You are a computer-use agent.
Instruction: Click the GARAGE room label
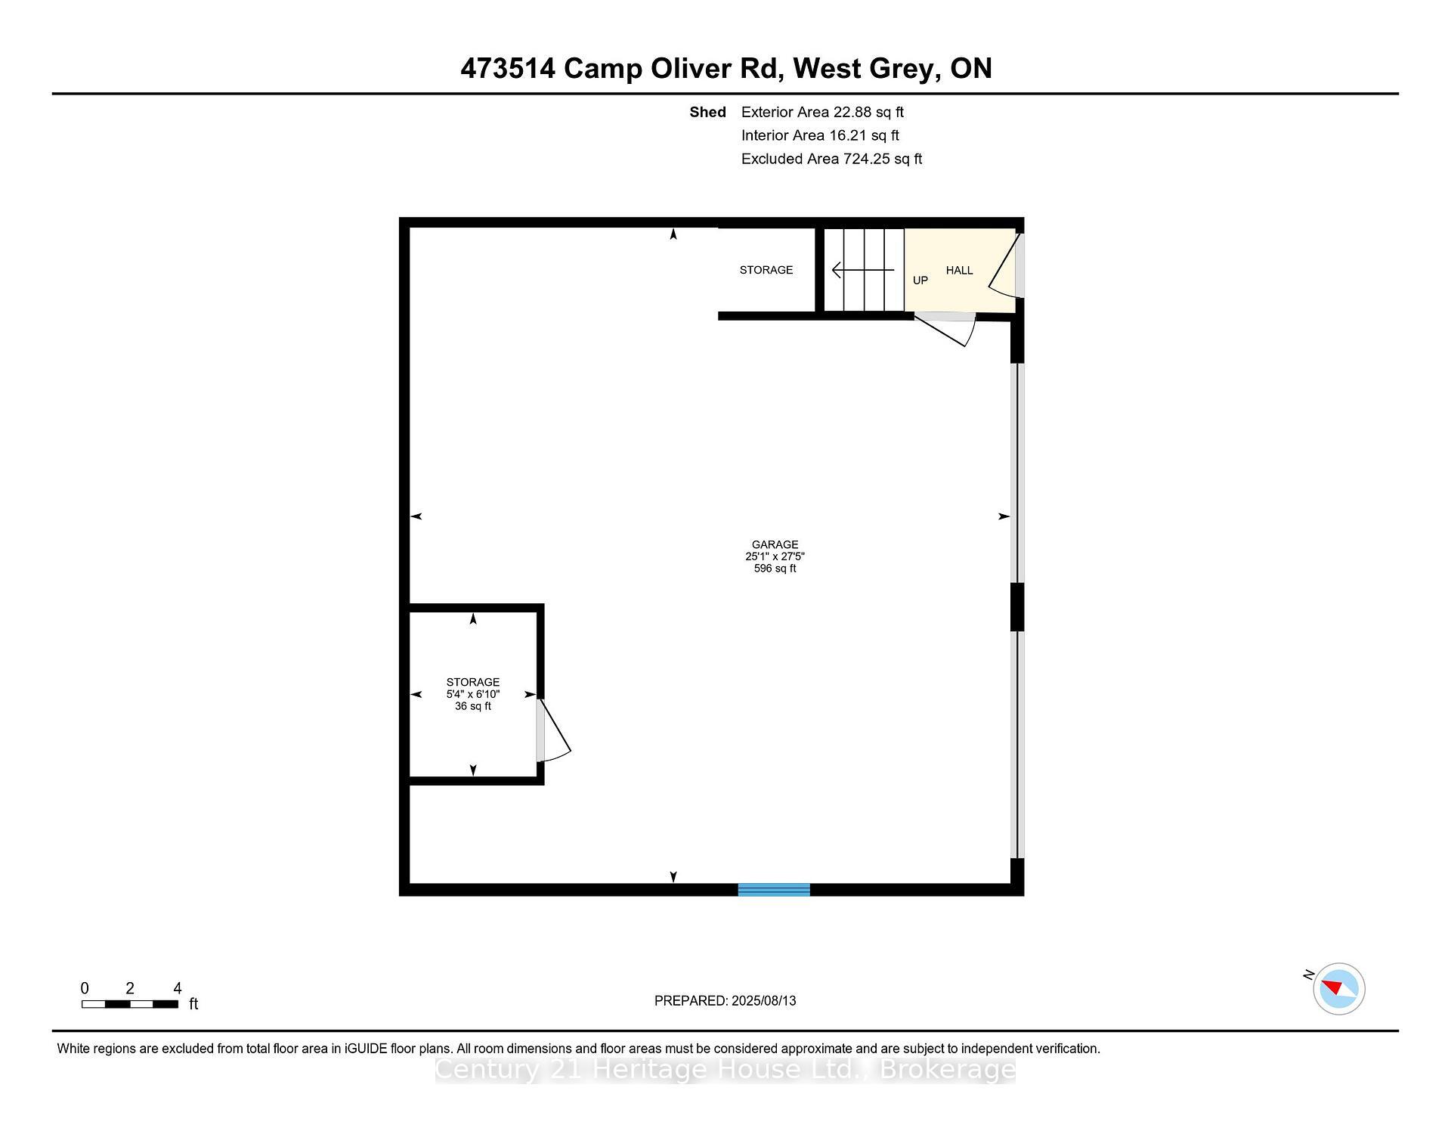775,544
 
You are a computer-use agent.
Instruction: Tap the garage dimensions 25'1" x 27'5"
775,556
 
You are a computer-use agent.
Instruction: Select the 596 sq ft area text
775,569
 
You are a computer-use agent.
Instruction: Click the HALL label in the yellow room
959,271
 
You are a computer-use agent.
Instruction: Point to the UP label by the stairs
920,280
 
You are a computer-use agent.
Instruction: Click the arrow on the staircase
862,270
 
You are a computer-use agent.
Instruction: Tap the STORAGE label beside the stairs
766,270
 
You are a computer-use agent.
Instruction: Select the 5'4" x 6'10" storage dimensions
473,694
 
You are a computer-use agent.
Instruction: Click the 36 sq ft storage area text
473,706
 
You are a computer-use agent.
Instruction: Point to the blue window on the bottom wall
774,890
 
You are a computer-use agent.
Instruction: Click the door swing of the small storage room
555,732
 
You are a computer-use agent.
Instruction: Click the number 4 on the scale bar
178,988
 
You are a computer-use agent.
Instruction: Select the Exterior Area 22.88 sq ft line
822,112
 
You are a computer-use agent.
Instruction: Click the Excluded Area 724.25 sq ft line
831,159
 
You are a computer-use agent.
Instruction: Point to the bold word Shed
707,112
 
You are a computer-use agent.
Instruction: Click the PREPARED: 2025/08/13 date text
725,1001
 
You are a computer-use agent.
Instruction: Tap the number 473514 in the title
508,69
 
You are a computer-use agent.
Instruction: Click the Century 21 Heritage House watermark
725,1070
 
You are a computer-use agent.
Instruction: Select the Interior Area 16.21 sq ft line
820,135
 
